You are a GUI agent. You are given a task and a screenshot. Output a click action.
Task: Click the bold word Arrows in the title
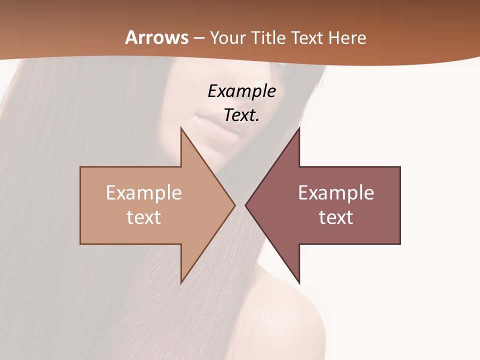156,37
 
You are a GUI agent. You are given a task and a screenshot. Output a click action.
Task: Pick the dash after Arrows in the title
198,38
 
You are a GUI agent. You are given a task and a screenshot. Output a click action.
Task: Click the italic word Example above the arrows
241,91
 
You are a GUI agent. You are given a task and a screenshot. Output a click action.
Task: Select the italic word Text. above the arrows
241,115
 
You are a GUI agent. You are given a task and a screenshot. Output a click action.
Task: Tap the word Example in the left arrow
144,193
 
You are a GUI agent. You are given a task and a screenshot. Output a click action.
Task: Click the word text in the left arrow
144,217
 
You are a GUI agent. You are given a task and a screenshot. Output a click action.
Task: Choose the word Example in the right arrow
336,193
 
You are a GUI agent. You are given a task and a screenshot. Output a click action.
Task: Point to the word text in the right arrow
336,217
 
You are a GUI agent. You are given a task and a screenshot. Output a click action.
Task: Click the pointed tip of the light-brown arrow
234,205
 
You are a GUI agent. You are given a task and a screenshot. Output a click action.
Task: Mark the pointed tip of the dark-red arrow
246,205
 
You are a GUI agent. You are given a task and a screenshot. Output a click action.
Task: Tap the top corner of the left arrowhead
181,128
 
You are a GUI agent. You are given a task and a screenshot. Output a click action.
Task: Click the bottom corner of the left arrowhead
181,282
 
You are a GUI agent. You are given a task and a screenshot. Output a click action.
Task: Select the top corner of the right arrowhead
299,128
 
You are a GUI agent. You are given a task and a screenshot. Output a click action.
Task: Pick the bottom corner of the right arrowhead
299,282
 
